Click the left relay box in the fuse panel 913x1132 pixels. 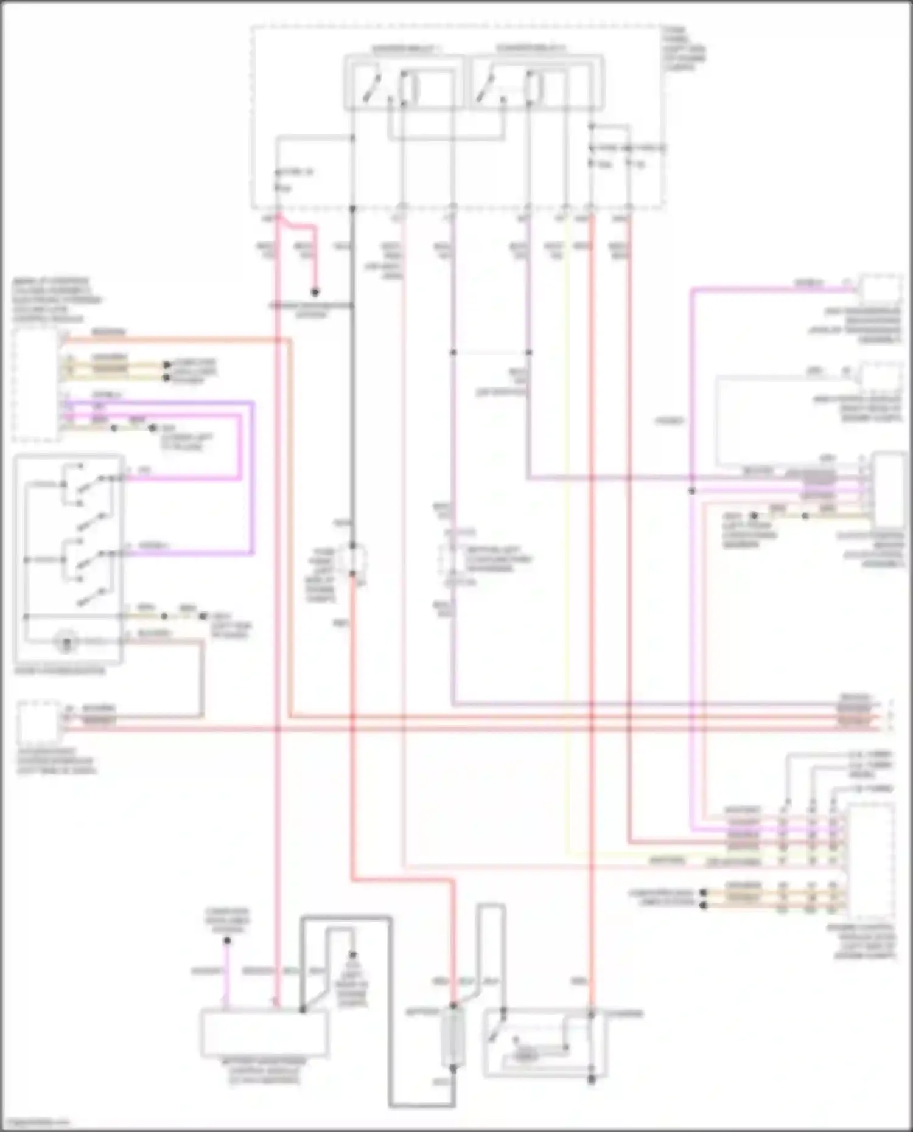click(x=403, y=83)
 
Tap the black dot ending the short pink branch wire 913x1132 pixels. click(x=315, y=291)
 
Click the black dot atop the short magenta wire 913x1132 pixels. click(x=227, y=940)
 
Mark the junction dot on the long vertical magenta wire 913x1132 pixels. click(x=692, y=490)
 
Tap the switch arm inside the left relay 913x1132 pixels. click(x=371, y=89)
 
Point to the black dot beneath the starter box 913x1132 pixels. click(x=591, y=1080)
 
